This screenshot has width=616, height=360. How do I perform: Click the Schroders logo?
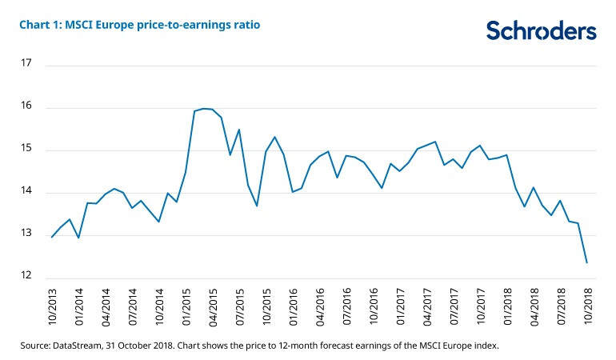pos(541,30)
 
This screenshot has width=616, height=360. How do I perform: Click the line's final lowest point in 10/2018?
pos(588,262)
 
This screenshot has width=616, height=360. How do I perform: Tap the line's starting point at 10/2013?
pos(52,237)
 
